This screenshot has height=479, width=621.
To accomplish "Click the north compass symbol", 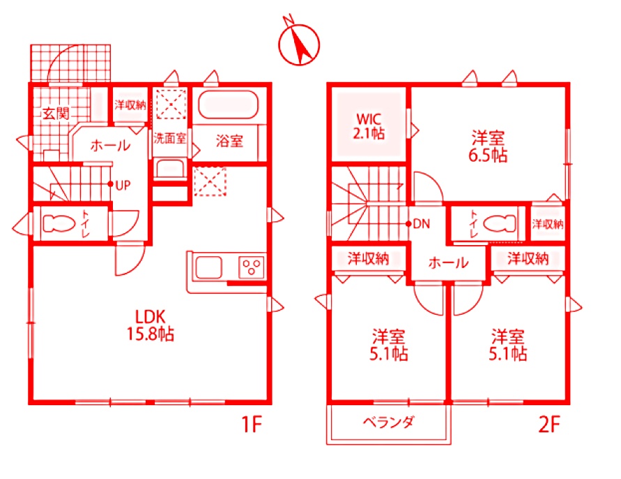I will [x=299, y=44].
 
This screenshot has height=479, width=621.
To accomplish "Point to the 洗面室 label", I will [x=170, y=138].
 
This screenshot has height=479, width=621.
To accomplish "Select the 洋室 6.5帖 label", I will [x=488, y=146].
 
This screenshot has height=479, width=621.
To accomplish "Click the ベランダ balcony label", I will [x=388, y=423].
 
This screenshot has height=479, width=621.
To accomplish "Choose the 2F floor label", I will [x=549, y=425].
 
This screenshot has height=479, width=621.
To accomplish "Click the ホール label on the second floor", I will [x=448, y=263].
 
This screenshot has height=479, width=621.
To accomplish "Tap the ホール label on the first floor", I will [x=110, y=146].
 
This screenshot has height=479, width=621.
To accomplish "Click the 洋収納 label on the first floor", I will [x=130, y=105].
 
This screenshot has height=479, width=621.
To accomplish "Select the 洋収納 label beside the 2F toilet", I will [x=548, y=224].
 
